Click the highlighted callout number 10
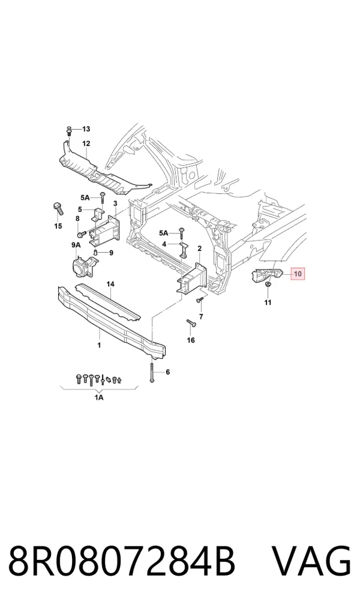[298, 274]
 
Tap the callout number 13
[86, 129]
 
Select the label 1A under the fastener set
[99, 397]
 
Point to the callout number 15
[58, 226]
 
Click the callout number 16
[191, 340]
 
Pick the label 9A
[76, 245]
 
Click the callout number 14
[110, 284]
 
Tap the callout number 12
[86, 144]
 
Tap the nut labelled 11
[268, 287]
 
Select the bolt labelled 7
[200, 301]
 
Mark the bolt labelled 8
[82, 234]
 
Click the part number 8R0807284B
[122, 562]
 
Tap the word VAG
[311, 562]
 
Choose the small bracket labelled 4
[183, 250]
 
